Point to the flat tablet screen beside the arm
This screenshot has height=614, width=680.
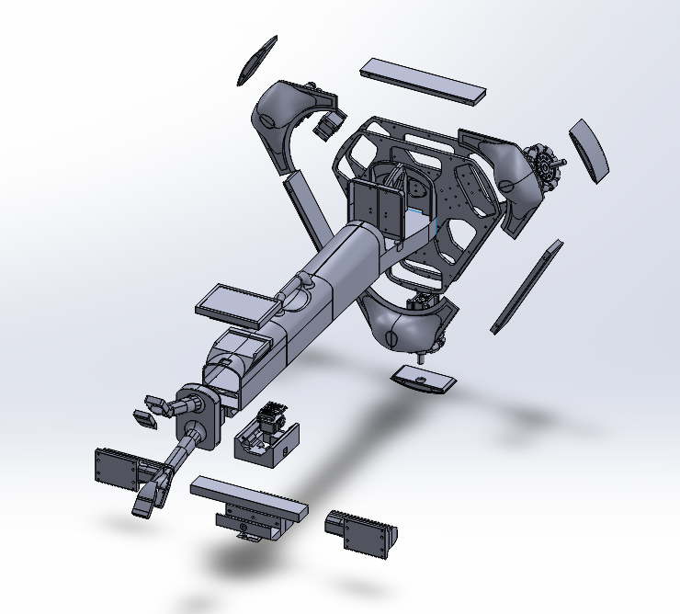coord(235,305)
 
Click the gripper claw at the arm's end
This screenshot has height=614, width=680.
coord(152,492)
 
